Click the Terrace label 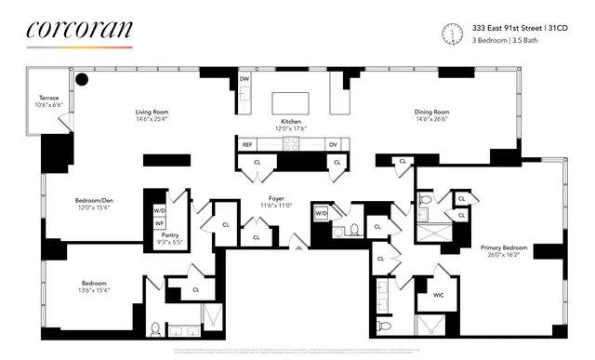click(49, 98)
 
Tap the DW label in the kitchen click(245, 80)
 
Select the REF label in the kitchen click(247, 144)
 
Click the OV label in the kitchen click(332, 144)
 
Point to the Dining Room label click(432, 113)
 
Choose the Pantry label click(170, 236)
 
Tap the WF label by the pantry click(159, 223)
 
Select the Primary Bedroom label click(503, 247)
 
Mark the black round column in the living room click(82, 80)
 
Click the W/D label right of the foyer click(322, 214)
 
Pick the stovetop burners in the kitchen click(291, 144)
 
